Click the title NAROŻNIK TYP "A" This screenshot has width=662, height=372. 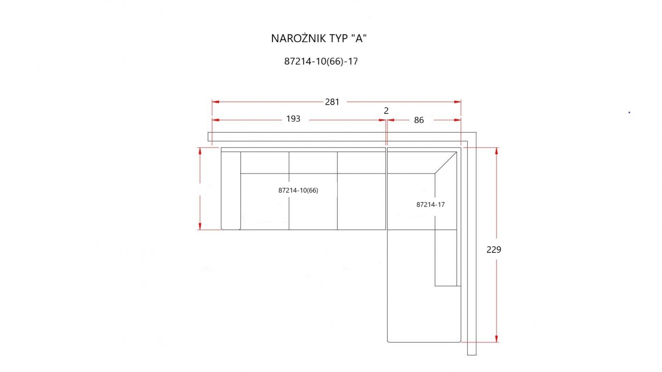319,38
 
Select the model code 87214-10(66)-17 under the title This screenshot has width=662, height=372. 321,61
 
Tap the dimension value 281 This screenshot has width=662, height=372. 332,102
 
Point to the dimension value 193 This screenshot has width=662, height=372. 293,119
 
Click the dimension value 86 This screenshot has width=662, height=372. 419,120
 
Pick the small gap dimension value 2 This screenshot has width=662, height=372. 386,110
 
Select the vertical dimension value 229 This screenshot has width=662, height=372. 494,250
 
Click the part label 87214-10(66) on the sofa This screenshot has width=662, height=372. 298,190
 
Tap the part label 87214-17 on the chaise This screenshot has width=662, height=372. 430,204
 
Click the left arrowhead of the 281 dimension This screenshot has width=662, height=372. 216,102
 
